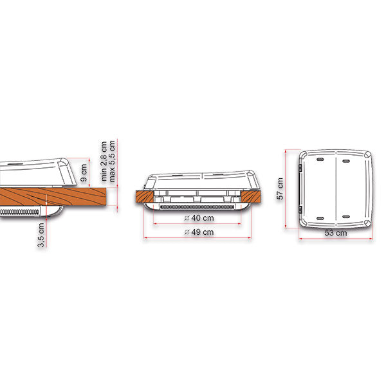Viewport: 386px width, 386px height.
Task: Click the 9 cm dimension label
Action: [84, 172]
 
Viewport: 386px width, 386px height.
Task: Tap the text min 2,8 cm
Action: [104, 161]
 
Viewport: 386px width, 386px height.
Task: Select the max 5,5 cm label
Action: [112, 161]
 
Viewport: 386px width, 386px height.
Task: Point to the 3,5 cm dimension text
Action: [41, 235]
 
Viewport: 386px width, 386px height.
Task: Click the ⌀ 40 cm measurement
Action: [199, 218]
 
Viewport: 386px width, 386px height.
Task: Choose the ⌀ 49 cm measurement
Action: [199, 232]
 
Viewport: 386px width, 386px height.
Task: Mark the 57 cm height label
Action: [280, 188]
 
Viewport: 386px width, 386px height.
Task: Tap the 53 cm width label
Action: [336, 233]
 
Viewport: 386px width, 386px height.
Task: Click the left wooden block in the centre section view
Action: [145, 197]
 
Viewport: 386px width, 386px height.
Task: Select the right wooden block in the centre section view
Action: [251, 197]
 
